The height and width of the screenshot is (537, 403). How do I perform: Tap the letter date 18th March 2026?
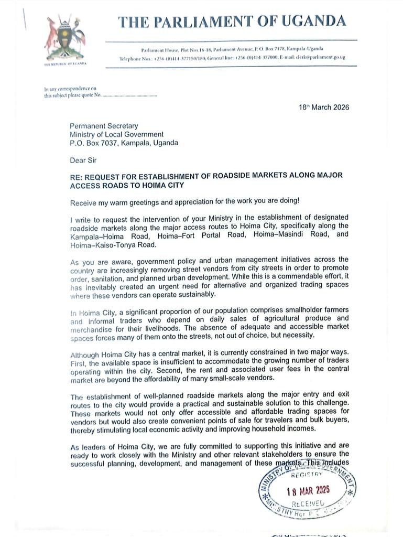pos(324,108)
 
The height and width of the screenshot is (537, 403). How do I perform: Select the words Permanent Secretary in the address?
pos(104,126)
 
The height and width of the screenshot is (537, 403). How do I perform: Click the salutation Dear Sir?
pos(83,160)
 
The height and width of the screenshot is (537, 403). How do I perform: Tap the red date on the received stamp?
pos(308,492)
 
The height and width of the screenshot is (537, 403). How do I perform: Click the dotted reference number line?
pos(129,96)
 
